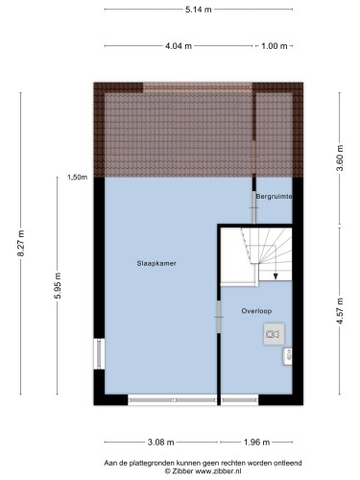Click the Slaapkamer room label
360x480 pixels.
click(x=156, y=263)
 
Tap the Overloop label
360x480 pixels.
click(x=256, y=311)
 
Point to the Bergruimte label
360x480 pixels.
click(x=274, y=197)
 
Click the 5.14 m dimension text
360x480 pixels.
click(x=199, y=10)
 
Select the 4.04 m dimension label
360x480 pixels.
click(x=179, y=46)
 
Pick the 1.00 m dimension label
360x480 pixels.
click(x=275, y=46)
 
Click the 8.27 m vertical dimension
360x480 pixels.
click(x=21, y=243)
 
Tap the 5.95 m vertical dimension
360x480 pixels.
click(x=58, y=285)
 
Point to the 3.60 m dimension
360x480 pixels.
click(x=340, y=158)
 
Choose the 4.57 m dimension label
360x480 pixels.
click(x=340, y=311)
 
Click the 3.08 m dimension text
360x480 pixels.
click(x=161, y=443)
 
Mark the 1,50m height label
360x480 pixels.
click(x=77, y=177)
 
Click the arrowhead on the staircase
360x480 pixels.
click(x=276, y=276)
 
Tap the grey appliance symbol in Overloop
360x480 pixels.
click(x=274, y=334)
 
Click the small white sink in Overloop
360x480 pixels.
click(x=287, y=356)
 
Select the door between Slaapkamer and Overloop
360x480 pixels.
click(x=219, y=317)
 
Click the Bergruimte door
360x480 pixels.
click(x=254, y=208)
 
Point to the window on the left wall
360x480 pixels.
click(x=99, y=353)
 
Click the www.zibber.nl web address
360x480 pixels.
click(x=218, y=471)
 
